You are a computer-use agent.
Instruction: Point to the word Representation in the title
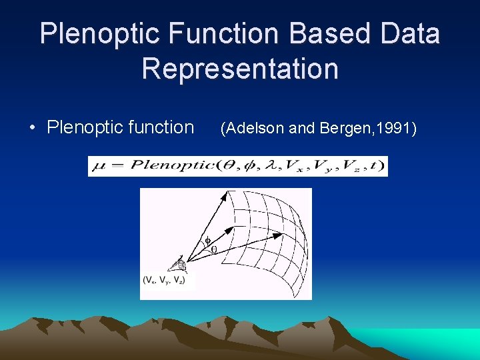[240, 69]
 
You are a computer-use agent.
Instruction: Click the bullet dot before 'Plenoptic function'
[33, 128]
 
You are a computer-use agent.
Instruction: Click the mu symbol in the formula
[97, 166]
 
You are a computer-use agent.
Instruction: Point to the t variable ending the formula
[377, 166]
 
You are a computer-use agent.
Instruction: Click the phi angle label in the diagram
[207, 241]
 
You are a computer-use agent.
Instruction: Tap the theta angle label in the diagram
[213, 250]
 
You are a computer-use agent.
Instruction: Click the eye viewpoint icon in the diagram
[180, 264]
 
